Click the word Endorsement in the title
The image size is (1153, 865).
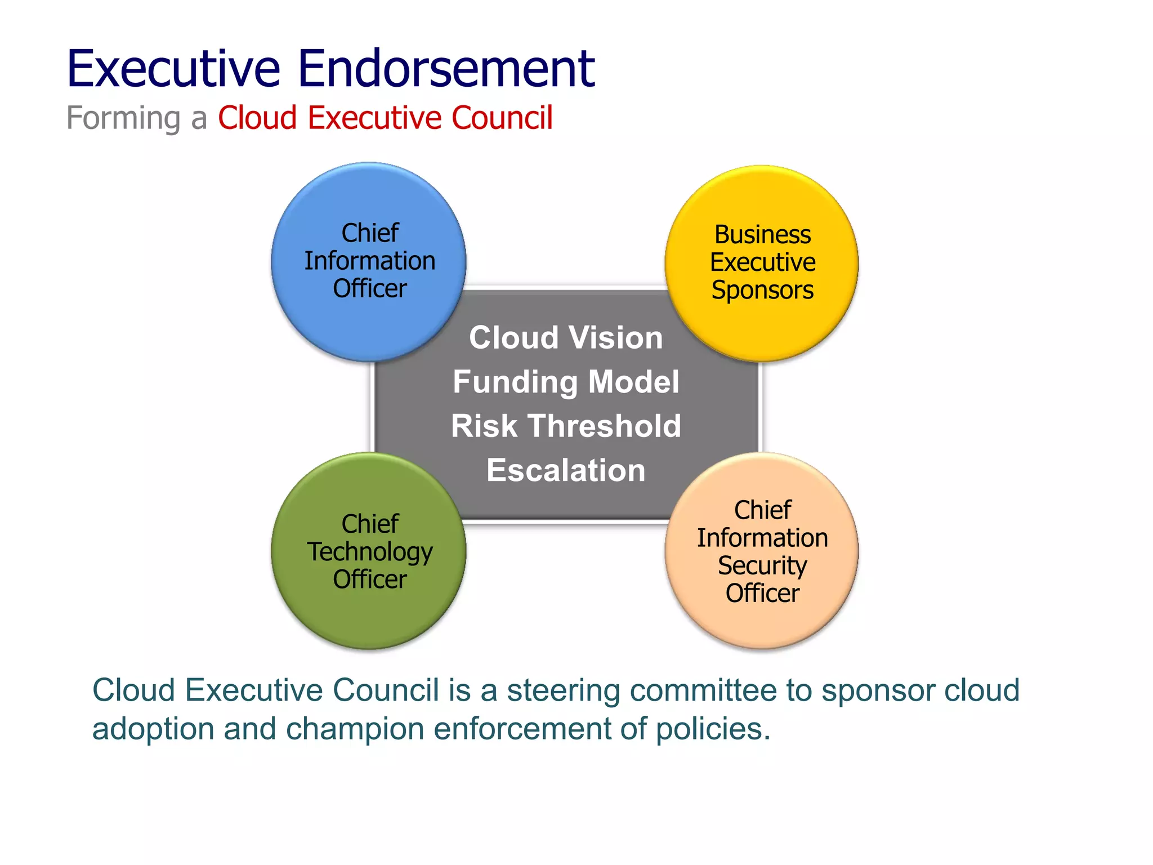pyautogui.click(x=445, y=69)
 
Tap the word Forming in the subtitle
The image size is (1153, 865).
pyautogui.click(x=123, y=118)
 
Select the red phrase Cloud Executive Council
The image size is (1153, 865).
pyautogui.click(x=385, y=118)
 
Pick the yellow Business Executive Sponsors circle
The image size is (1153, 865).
pyautogui.click(x=762, y=327)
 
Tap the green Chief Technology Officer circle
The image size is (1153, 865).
pyautogui.click(x=369, y=614)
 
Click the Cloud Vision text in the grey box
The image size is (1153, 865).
pyautogui.click(x=566, y=338)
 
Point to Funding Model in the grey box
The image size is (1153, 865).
pyautogui.click(x=566, y=382)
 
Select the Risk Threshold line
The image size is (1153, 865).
pyautogui.click(x=566, y=426)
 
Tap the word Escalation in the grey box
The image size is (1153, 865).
pyautogui.click(x=566, y=470)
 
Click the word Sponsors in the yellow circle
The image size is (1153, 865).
pyautogui.click(x=762, y=291)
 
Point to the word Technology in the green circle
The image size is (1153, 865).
pyautogui.click(x=370, y=552)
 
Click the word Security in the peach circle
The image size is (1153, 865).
pyautogui.click(x=762, y=566)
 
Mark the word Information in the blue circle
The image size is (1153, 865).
pyautogui.click(x=370, y=261)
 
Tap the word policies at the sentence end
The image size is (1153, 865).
pyautogui.click(x=713, y=729)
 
